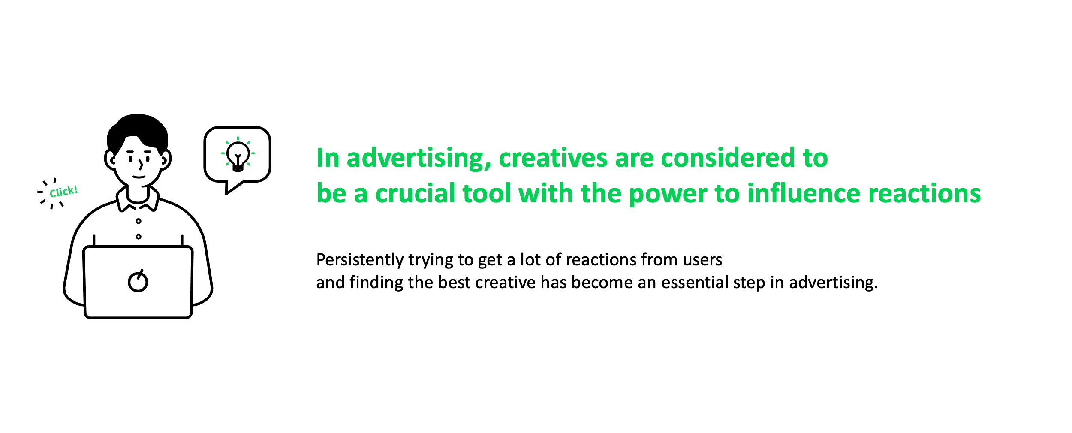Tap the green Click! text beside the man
tap(63, 192)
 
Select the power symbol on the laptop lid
tap(138, 281)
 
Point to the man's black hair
tap(137, 131)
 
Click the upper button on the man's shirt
tap(139, 221)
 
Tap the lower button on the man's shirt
tap(139, 237)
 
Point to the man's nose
tap(141, 165)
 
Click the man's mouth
tap(139, 177)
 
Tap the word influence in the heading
tap(804, 193)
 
